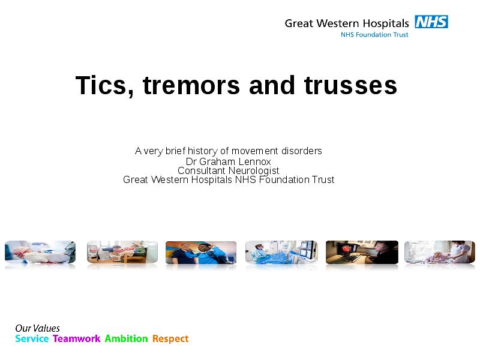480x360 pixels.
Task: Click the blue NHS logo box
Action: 431,22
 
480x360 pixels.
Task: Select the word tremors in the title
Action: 191,85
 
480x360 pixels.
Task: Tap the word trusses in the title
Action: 350,85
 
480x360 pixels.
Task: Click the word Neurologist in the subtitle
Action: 254,171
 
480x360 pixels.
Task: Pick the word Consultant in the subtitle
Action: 202,170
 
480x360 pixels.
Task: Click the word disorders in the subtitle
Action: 302,151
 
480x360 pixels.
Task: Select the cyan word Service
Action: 32,338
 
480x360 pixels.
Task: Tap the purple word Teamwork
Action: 77,338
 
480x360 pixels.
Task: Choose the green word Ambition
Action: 126,338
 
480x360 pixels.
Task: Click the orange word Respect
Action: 170,339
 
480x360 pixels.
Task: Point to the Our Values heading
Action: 37,328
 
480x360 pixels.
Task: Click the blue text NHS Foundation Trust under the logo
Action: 374,35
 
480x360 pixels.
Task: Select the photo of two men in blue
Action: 201,253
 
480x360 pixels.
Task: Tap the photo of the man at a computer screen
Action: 362,252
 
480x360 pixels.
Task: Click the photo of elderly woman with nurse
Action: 440,252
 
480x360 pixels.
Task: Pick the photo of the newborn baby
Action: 40,252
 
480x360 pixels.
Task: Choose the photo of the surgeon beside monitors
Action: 281,252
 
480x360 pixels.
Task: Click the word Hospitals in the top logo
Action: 386,23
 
